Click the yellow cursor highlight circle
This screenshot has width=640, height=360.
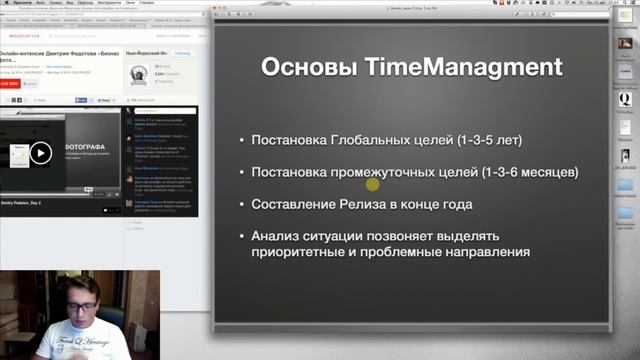coord(373,183)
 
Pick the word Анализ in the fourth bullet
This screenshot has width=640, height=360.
coord(281,237)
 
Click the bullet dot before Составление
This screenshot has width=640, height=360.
coord(243,205)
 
